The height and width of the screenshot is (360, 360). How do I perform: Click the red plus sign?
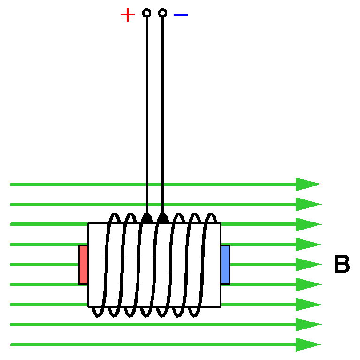(x=127, y=15)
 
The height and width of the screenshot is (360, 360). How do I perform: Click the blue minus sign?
(x=180, y=15)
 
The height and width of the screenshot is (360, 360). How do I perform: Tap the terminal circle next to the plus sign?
(x=146, y=13)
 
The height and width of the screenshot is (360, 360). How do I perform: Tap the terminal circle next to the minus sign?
(x=162, y=13)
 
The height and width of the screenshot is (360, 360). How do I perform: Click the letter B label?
(x=342, y=265)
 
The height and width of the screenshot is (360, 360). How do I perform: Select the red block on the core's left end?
(x=83, y=265)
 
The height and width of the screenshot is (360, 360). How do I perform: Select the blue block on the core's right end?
(x=225, y=265)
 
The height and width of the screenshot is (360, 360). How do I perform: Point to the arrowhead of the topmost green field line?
(x=307, y=184)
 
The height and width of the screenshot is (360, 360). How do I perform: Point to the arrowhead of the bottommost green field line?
(x=307, y=345)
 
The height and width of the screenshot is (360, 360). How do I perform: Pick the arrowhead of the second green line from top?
(x=307, y=205)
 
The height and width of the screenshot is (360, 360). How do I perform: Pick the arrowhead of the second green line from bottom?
(x=307, y=325)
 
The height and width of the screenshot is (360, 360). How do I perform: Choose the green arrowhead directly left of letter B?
(x=307, y=265)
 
